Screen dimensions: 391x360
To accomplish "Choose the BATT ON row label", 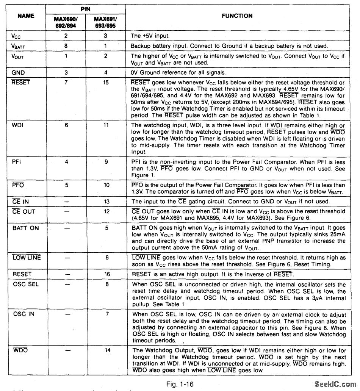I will point(25,228).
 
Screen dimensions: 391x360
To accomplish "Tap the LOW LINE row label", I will point(27,258).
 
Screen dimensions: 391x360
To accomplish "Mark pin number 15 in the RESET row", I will point(106,83).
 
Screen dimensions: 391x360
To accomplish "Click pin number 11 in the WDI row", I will point(106,125).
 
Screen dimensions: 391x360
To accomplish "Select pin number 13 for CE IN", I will point(106,202).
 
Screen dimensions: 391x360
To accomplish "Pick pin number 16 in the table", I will point(106,274).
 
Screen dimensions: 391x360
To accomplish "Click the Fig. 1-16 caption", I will point(180,384).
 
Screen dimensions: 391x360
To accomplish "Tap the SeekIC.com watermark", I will point(335,385).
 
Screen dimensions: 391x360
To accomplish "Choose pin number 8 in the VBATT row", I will point(67,46).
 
